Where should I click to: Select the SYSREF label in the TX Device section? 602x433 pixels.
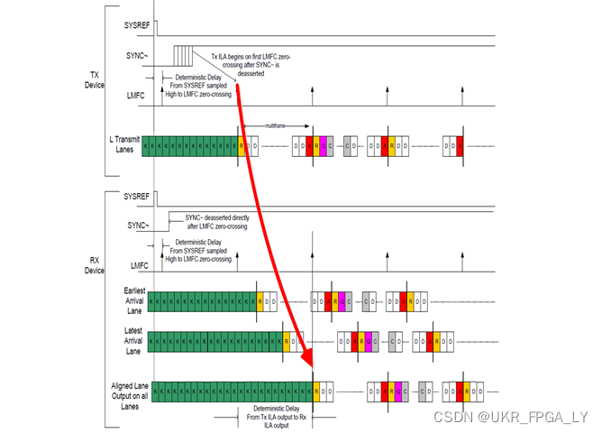(x=136, y=26)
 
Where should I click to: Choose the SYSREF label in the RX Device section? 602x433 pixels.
(x=136, y=195)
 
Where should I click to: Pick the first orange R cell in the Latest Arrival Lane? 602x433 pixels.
(x=286, y=342)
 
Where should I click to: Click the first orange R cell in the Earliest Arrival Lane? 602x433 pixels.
(x=260, y=301)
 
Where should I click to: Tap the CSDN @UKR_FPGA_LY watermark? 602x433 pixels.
(x=510, y=417)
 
